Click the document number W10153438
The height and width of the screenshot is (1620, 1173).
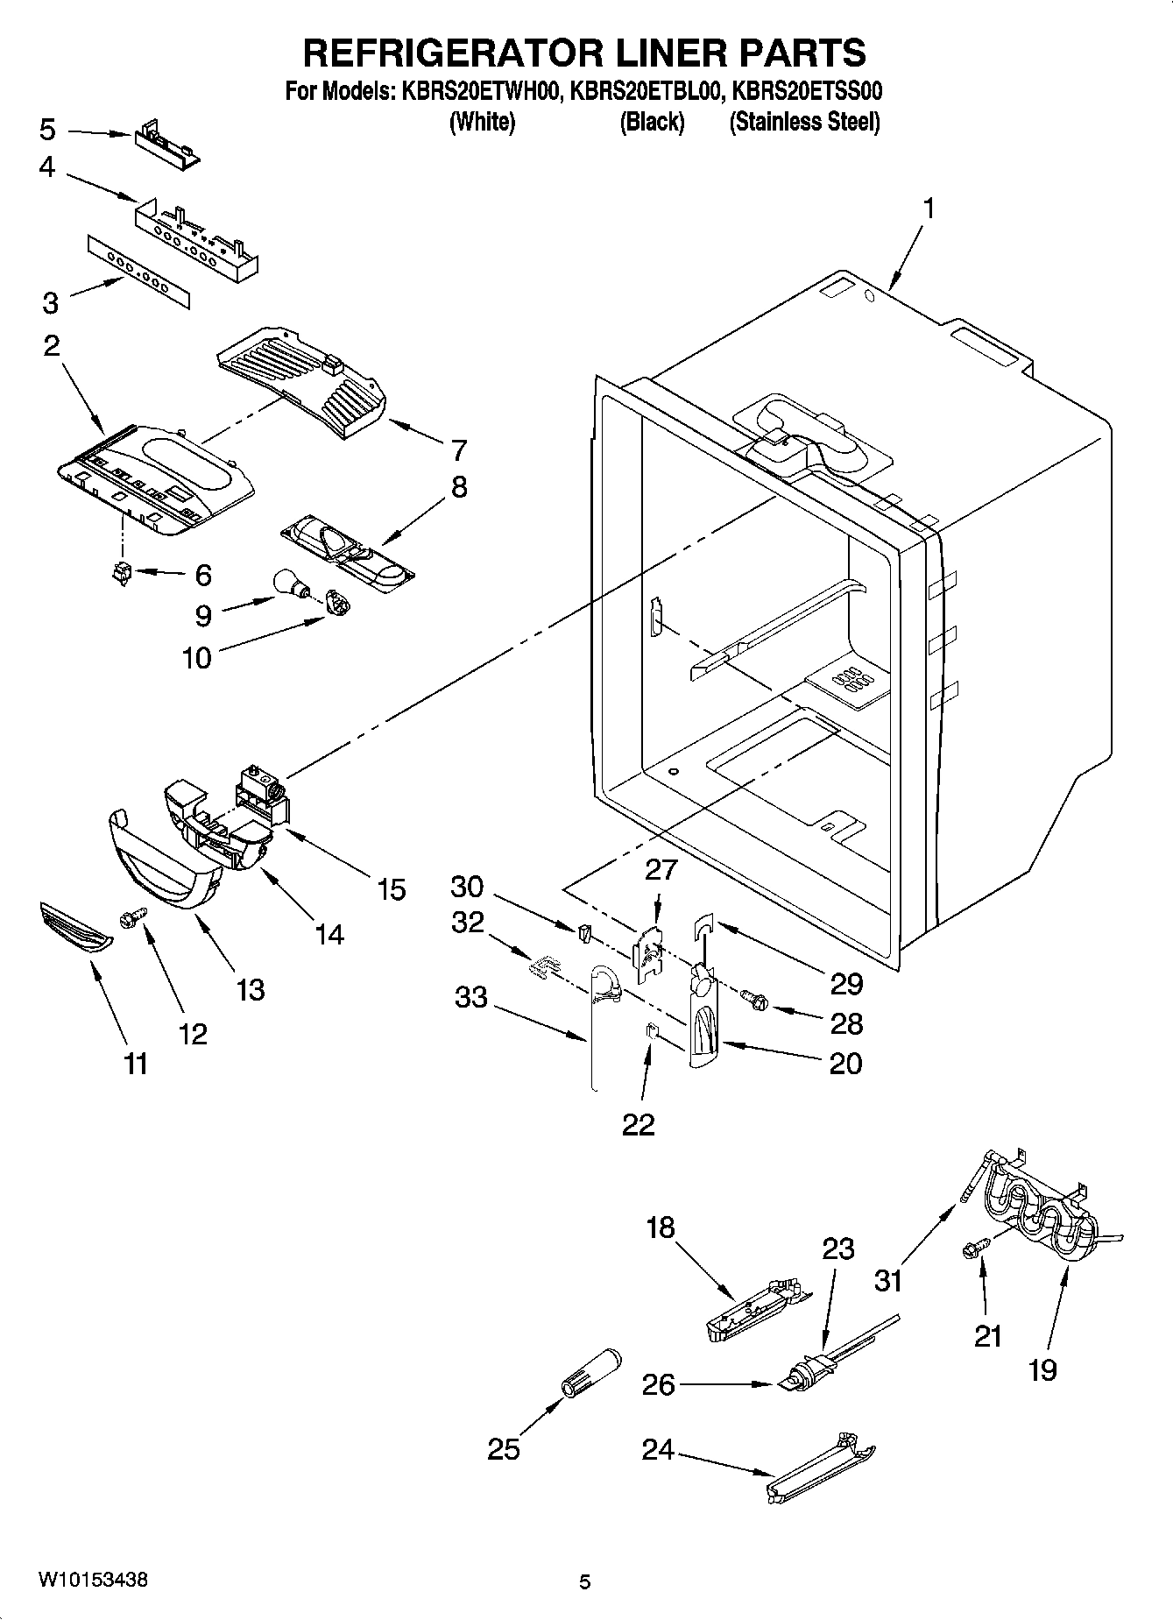click(x=92, y=1581)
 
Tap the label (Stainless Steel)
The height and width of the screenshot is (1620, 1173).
click(x=804, y=122)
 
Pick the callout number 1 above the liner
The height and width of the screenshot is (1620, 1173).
click(x=928, y=209)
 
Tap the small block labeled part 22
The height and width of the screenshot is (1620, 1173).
click(x=652, y=1029)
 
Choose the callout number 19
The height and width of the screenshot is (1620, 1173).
click(x=1042, y=1369)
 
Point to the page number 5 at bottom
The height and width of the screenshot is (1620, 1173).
click(x=585, y=1581)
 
